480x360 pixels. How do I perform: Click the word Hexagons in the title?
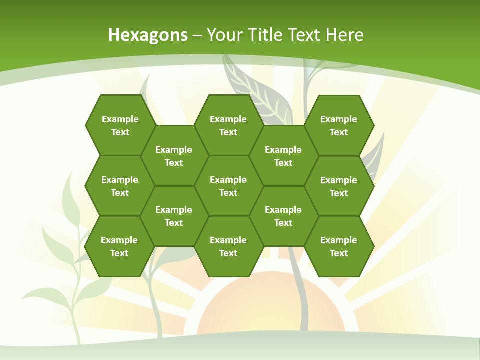(x=148, y=35)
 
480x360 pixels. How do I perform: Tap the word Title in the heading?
(x=265, y=35)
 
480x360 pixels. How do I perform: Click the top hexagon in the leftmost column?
(x=120, y=125)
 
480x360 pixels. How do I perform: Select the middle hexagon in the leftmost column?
(x=120, y=186)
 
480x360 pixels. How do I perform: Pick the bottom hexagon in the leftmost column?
(x=119, y=246)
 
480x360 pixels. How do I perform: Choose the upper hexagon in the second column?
(x=174, y=156)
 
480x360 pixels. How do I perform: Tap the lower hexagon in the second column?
(x=174, y=216)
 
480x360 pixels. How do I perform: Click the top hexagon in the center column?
(x=228, y=125)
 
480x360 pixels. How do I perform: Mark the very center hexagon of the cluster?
(x=228, y=186)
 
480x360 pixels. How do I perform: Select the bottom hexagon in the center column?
(x=228, y=246)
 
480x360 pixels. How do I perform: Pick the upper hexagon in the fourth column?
(x=283, y=156)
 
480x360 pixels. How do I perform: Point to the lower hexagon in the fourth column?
(x=283, y=216)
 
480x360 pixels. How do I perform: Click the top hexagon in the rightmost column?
(x=339, y=125)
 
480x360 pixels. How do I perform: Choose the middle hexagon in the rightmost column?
(x=339, y=186)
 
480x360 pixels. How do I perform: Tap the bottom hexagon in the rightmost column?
(x=339, y=246)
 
